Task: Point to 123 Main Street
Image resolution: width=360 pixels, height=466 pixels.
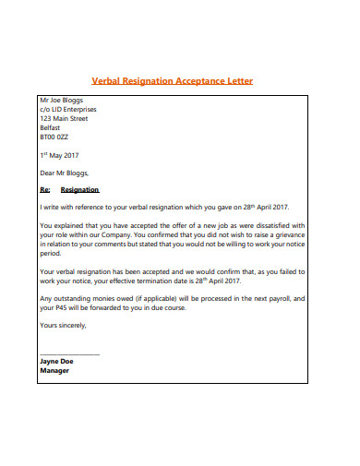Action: coord(64,118)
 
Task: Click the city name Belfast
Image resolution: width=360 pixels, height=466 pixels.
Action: coord(51,128)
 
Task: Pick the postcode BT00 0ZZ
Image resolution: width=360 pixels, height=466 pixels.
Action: coord(55,138)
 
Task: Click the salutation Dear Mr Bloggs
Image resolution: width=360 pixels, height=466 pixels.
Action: coord(65,173)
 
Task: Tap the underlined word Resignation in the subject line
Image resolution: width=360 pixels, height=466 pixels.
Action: coord(79,188)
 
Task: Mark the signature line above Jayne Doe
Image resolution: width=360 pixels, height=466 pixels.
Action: coord(69,354)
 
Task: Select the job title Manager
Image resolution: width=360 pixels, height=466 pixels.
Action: coord(54,371)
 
